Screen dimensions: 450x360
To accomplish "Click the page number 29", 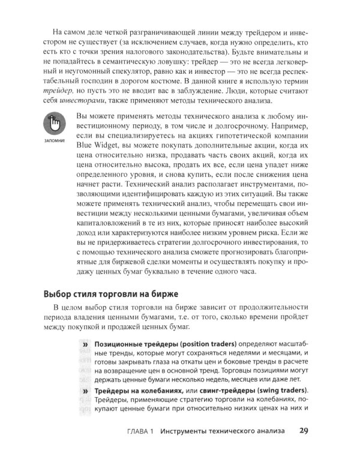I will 304,430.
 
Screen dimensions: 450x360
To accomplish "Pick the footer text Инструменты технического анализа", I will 224,431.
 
